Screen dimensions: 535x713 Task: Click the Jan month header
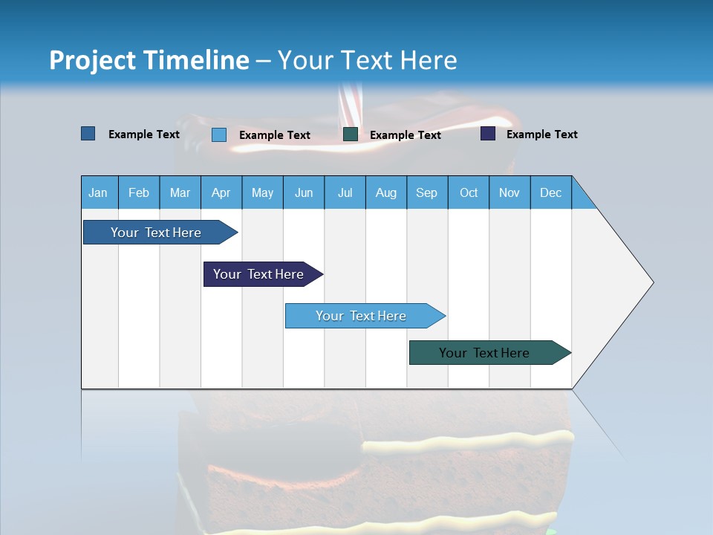pos(99,192)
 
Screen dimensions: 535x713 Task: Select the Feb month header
pos(139,192)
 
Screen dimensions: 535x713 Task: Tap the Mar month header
pos(180,192)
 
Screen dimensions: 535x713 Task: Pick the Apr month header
pos(221,192)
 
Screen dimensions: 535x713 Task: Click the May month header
pos(262,192)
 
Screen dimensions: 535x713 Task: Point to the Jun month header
pos(304,192)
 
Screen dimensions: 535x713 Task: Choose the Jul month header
pos(345,192)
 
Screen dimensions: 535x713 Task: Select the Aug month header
pos(386,192)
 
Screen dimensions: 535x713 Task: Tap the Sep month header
pos(427,192)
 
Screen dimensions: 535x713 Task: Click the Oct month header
pos(469,192)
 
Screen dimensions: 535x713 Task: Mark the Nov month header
pos(509,192)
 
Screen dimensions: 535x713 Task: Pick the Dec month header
pos(551,192)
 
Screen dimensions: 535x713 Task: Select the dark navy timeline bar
pos(259,274)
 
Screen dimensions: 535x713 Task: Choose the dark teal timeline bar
pos(485,353)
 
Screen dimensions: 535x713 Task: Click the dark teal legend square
pos(351,134)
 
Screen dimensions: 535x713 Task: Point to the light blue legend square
pos(219,134)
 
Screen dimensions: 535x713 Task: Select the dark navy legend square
pos(488,134)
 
